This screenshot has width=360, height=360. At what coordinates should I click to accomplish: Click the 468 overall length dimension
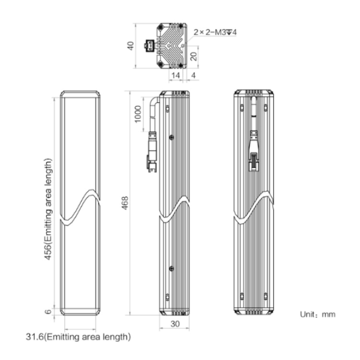coord(125,203)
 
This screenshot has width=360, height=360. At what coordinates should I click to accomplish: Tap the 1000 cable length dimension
coord(138,114)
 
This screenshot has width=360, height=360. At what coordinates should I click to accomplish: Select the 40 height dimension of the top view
coord(131,46)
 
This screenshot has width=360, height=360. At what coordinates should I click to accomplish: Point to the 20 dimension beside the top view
coord(194,56)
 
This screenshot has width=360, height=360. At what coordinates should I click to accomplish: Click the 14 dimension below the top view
coord(176,75)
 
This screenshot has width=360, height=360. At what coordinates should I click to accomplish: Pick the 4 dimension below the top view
coord(193,75)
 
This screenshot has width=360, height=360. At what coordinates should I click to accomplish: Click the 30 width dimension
coord(175,324)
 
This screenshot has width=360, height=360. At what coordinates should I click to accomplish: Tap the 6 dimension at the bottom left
coord(48,312)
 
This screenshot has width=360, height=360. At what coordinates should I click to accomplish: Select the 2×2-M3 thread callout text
coord(215,32)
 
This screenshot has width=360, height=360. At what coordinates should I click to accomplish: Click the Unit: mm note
coord(318,314)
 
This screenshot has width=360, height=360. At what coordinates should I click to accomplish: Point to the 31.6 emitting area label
coord(78,337)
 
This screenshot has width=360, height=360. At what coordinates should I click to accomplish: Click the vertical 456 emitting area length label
coord(48,209)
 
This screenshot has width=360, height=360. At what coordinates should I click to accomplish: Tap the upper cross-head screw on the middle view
coord(171,137)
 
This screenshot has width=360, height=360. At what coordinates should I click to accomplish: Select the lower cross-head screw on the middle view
coord(171,268)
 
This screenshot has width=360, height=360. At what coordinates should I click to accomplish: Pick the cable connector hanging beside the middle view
coord(152,152)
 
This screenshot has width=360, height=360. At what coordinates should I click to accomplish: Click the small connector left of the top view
coord(149,46)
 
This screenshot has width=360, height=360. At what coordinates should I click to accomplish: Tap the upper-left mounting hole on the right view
coord(242,108)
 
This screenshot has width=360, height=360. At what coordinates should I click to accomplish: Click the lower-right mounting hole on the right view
coord(265,297)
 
